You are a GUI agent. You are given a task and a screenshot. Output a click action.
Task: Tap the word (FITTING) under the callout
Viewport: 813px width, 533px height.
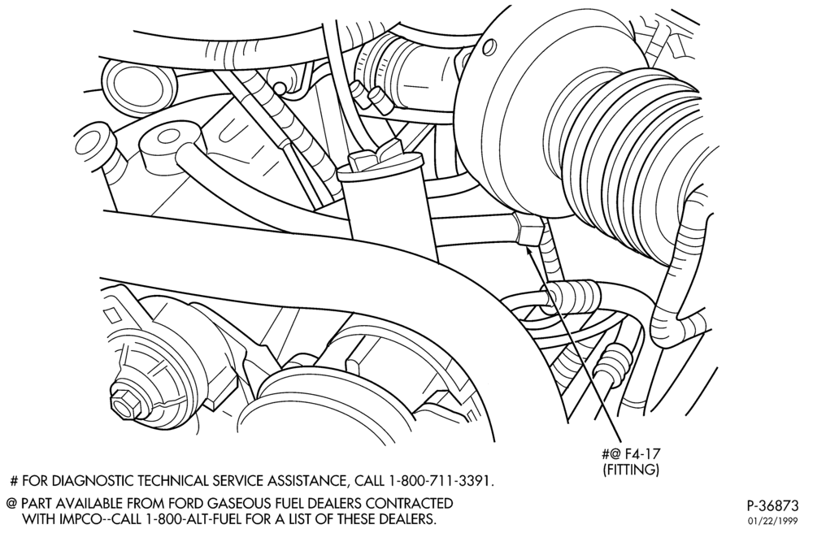(631, 470)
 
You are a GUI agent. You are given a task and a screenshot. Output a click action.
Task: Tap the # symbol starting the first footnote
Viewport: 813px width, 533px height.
(14, 481)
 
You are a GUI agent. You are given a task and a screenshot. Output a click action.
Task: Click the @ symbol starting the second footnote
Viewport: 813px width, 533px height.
(11, 504)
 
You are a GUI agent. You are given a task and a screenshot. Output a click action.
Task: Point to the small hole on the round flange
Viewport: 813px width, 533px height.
(488, 48)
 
